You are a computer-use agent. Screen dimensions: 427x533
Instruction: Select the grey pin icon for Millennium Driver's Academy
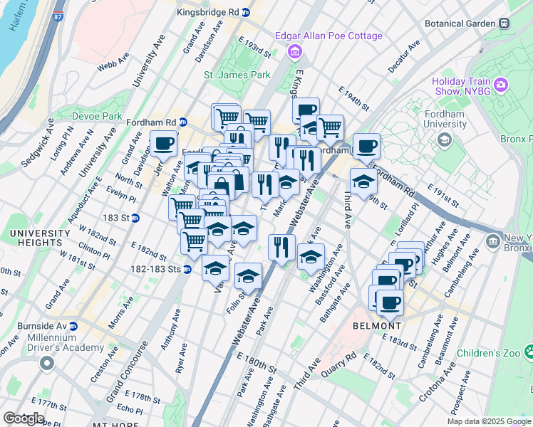coord(47,363)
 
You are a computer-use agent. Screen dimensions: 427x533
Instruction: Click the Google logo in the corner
coord(23,418)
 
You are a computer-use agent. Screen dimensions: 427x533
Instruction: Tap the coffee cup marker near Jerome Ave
coord(163,144)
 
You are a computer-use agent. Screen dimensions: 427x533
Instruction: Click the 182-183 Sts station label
coord(155,269)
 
